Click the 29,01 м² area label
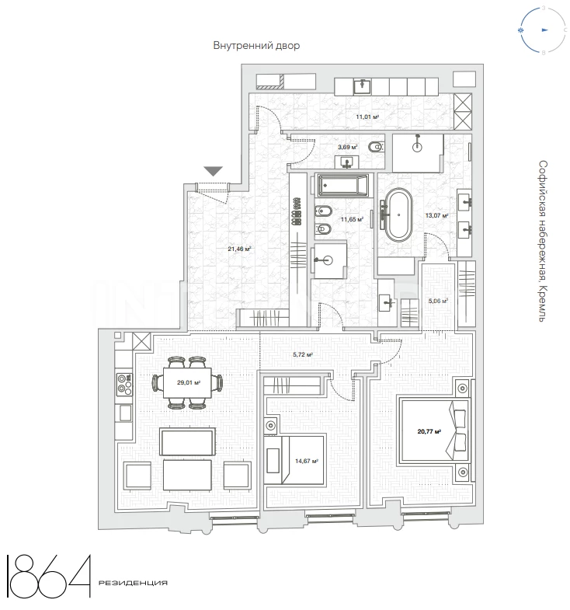tap(189, 382)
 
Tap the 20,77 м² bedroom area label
tap(429, 431)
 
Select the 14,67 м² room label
tap(307, 461)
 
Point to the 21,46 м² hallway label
tap(239, 249)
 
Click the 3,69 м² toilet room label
tap(348, 147)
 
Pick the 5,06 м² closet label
tap(438, 301)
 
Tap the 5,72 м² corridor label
tap(303, 354)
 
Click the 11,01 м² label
tap(367, 117)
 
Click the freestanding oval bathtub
tap(398, 214)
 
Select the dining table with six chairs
tap(187, 383)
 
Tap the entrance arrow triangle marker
tap(214, 171)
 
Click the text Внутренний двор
tap(256, 46)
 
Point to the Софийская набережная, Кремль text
tap(543, 241)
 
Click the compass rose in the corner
tap(543, 30)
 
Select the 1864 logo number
tap(49, 576)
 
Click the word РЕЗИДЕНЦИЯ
tap(133, 583)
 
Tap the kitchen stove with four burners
tap(124, 384)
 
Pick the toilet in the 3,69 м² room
tap(376, 147)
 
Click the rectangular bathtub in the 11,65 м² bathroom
tap(342, 186)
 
